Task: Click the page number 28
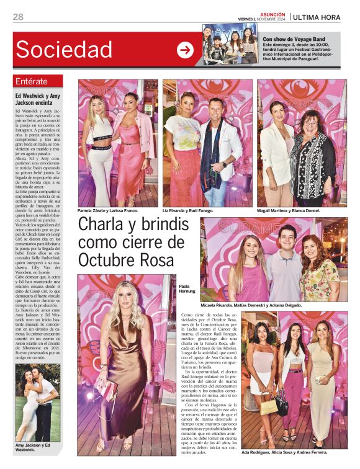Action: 18,17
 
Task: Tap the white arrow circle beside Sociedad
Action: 185,50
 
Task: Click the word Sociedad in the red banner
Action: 65,49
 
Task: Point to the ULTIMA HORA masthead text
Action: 317,17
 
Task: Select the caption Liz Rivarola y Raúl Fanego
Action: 192,211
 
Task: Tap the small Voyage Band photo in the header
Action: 230,42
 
